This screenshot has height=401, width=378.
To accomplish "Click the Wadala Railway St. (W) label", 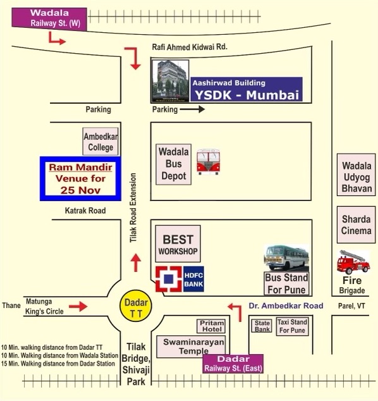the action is (49, 18).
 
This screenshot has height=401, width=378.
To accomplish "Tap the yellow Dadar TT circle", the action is (136, 305).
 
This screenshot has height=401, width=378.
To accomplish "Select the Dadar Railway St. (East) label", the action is (233, 364).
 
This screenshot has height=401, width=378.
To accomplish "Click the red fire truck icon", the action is (353, 262).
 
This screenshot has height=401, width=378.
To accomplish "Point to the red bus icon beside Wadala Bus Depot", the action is (209, 162).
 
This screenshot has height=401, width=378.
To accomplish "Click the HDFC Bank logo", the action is (180, 279).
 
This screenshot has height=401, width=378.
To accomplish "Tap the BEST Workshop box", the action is (178, 244).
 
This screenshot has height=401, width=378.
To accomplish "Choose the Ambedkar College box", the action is (101, 142).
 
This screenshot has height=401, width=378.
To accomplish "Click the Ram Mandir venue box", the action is (80, 178).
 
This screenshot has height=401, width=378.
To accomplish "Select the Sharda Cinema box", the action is (356, 225).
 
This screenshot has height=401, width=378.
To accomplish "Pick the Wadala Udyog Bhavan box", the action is (357, 175).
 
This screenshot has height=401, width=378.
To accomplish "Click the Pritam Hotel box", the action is (211, 326).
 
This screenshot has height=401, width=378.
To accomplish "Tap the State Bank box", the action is (262, 326).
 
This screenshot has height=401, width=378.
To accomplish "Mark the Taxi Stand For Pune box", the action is (293, 326).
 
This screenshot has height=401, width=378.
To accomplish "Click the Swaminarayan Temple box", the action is (191, 347).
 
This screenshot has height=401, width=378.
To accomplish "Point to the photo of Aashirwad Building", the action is (171, 81).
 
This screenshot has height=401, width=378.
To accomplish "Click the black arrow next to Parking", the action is (192, 109).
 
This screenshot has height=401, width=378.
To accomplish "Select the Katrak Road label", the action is (85, 211).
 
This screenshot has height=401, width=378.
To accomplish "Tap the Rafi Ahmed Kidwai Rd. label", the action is (190, 47).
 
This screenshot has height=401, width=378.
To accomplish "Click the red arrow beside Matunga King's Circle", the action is (78, 306).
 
